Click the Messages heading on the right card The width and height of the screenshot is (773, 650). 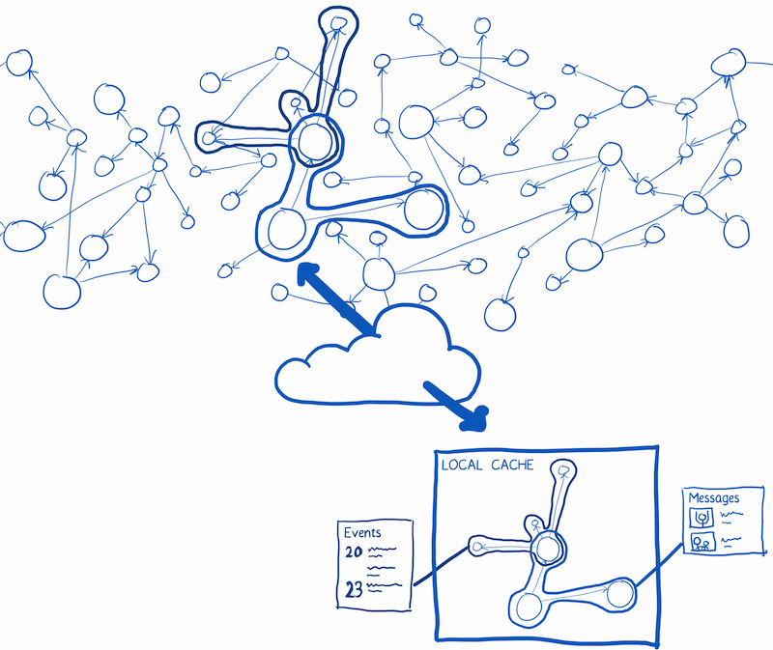(x=714, y=498)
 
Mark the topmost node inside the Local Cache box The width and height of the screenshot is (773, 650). (x=564, y=471)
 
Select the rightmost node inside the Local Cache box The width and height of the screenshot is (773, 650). (x=618, y=590)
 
